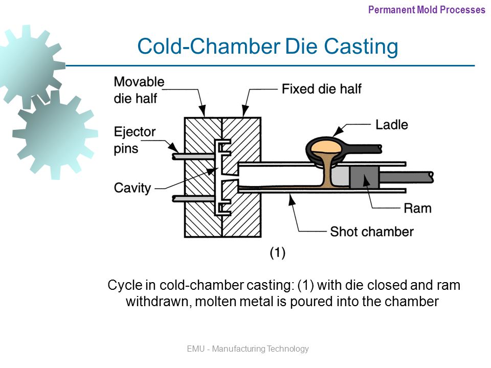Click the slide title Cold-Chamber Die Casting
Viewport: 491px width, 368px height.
pyautogui.click(x=267, y=47)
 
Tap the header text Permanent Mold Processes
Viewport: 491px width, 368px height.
pyautogui.click(x=426, y=9)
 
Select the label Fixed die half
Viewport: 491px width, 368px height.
pyautogui.click(x=321, y=89)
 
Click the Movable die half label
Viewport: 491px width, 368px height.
pyautogui.click(x=139, y=89)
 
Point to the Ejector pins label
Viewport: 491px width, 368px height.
pyautogui.click(x=135, y=139)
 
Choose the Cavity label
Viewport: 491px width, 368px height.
pyautogui.click(x=132, y=188)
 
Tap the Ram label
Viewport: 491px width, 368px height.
pyautogui.click(x=417, y=208)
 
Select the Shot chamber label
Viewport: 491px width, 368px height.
pyautogui.click(x=371, y=232)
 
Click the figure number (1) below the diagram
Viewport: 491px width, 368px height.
pyautogui.click(x=277, y=252)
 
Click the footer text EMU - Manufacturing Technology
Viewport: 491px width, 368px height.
pyautogui.click(x=248, y=349)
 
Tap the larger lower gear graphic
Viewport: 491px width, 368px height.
pyautogui.click(x=55, y=134)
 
